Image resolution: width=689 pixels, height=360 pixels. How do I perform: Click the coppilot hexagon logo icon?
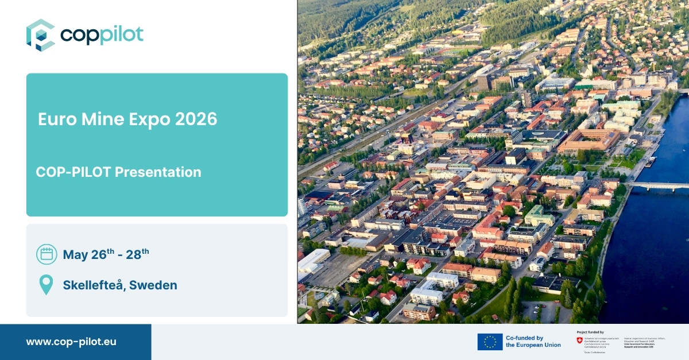(40, 35)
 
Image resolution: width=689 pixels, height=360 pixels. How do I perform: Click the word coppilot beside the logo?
(102, 35)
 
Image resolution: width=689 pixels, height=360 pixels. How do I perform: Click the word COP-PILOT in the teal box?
(73, 172)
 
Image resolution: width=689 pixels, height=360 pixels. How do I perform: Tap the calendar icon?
(47, 254)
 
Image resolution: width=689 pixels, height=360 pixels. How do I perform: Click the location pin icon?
(46, 284)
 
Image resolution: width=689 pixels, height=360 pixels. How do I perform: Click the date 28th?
(137, 254)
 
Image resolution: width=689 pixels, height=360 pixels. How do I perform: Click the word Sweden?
(153, 285)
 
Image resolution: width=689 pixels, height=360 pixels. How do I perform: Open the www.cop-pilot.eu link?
(71, 342)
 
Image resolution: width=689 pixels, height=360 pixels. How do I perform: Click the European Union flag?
(490, 342)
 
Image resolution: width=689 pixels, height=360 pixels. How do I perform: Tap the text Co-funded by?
(525, 338)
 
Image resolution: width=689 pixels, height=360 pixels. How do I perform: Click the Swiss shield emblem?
(579, 340)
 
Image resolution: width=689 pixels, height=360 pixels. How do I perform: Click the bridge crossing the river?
(657, 185)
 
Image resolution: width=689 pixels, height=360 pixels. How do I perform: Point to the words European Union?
(533, 345)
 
